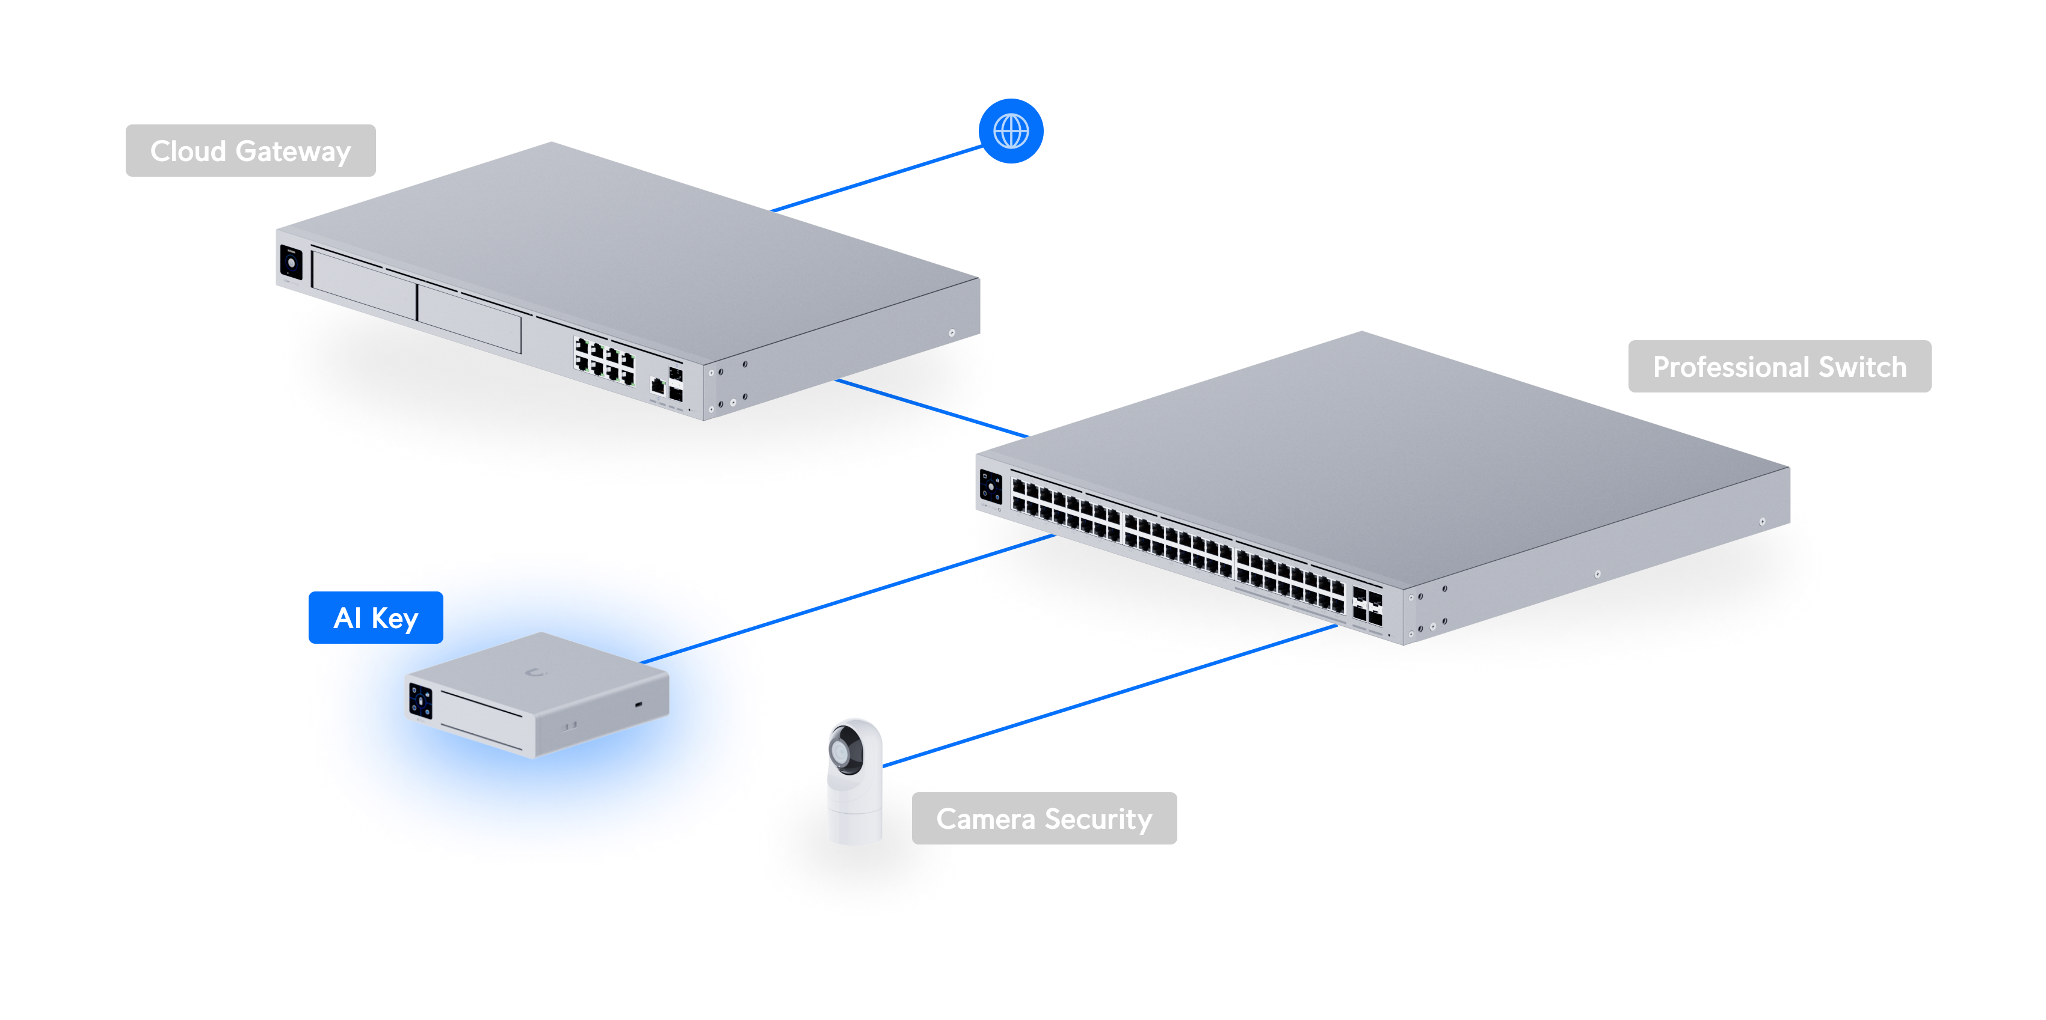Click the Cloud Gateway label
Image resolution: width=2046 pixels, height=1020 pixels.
(x=250, y=151)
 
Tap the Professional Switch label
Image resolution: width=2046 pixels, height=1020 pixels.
(x=1779, y=367)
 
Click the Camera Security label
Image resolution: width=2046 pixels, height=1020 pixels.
(x=1044, y=819)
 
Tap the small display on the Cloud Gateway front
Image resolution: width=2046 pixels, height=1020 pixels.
(x=291, y=263)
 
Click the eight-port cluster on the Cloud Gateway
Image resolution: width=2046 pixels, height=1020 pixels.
(x=605, y=361)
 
